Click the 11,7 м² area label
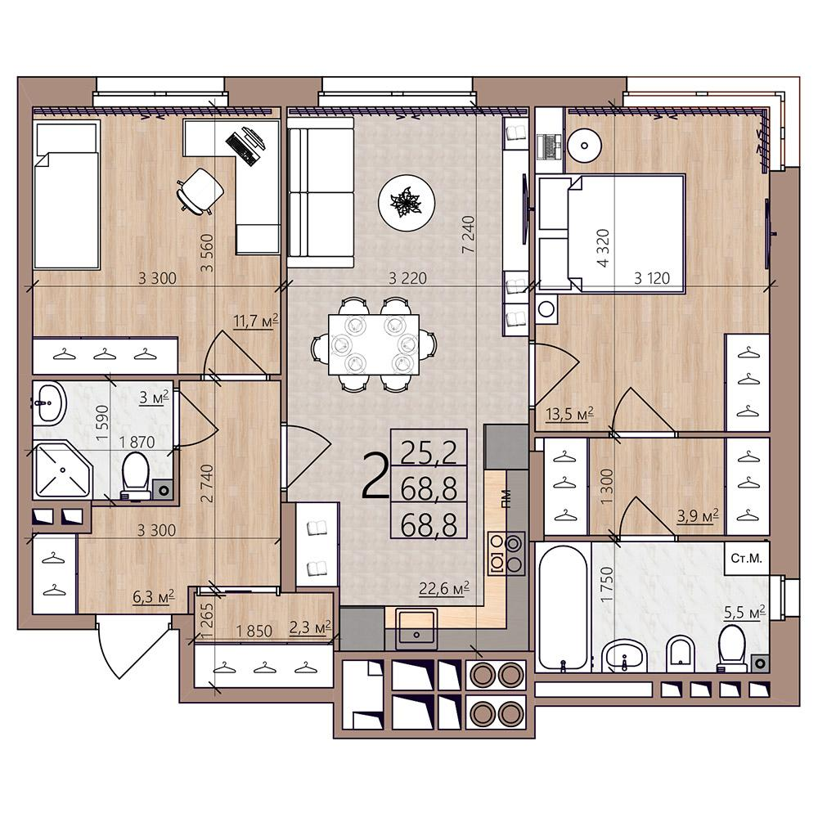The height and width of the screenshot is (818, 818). (x=255, y=321)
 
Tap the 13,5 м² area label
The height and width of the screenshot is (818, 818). (x=569, y=414)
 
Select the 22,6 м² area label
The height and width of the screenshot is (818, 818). (x=444, y=588)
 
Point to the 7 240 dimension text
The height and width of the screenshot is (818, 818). (x=469, y=235)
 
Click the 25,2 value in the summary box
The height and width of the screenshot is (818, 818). (x=429, y=452)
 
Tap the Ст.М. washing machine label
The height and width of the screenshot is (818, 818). (x=747, y=558)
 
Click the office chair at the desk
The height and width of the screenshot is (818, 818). (x=200, y=190)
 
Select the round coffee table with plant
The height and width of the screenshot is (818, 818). (x=407, y=202)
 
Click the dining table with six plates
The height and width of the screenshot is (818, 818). (x=374, y=344)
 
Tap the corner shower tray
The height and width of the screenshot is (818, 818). (x=63, y=470)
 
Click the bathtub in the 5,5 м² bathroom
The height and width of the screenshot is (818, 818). (x=563, y=607)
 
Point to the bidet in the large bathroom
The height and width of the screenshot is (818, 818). (x=681, y=654)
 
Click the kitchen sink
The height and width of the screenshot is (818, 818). (x=416, y=628)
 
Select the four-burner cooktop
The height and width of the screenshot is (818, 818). (x=506, y=553)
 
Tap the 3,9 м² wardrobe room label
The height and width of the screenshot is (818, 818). (x=698, y=516)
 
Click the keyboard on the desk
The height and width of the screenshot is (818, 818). (x=241, y=147)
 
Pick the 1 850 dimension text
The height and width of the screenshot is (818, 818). (x=254, y=631)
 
